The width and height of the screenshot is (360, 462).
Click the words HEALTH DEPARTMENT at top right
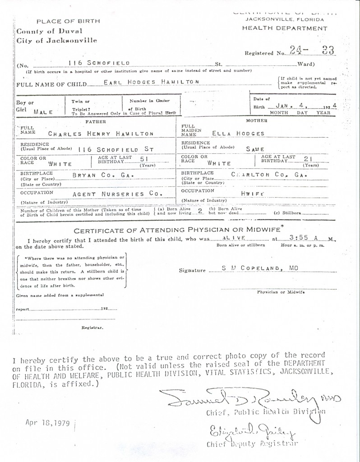tap(285, 28)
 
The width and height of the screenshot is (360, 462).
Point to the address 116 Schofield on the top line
tap(99, 62)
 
